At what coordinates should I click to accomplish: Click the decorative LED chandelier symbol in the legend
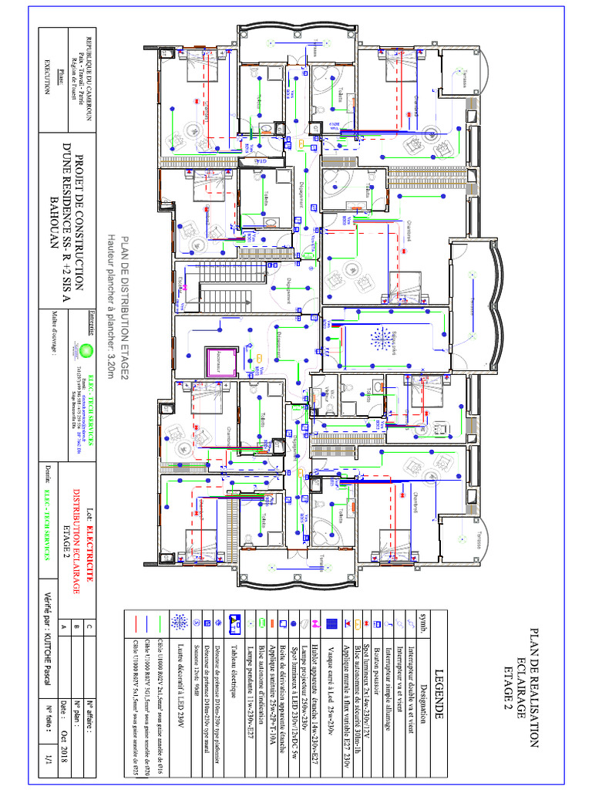point(180,622)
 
